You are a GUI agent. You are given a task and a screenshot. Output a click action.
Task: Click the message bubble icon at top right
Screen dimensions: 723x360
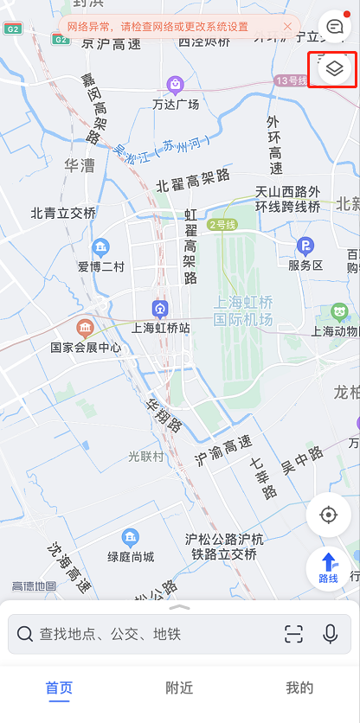click(x=334, y=26)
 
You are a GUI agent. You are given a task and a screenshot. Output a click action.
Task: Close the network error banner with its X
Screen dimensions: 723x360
click(x=287, y=27)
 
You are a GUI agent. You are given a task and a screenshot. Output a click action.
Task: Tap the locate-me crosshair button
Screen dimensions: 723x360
click(x=328, y=515)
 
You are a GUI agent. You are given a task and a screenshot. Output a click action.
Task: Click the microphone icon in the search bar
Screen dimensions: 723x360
click(x=330, y=634)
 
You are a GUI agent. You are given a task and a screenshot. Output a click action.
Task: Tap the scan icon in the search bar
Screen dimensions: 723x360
click(x=294, y=634)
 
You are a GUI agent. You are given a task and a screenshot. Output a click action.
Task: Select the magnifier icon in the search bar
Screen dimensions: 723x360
click(x=25, y=634)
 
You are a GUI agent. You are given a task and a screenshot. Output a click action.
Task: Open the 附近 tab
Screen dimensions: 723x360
click(x=179, y=688)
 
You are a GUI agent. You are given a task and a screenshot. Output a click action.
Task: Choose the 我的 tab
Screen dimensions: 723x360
click(x=299, y=688)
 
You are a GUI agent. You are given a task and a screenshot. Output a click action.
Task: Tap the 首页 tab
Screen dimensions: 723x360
click(x=59, y=688)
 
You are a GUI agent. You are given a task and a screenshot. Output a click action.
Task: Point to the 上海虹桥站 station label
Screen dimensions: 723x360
click(x=160, y=328)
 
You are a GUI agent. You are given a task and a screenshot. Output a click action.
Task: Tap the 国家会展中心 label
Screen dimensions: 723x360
click(x=86, y=348)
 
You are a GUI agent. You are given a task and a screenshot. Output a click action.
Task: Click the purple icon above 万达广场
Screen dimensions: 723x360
click(x=176, y=85)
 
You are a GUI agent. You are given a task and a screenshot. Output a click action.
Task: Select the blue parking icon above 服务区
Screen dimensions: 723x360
click(x=305, y=246)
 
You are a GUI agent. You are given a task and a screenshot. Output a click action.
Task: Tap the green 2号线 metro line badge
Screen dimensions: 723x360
click(x=222, y=224)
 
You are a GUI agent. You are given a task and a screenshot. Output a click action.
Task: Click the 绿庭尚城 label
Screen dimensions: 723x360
click(x=131, y=556)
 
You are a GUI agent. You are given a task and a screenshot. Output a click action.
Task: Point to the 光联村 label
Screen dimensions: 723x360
click(x=146, y=456)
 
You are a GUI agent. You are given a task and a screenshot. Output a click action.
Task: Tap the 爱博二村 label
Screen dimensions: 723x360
click(x=101, y=266)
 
